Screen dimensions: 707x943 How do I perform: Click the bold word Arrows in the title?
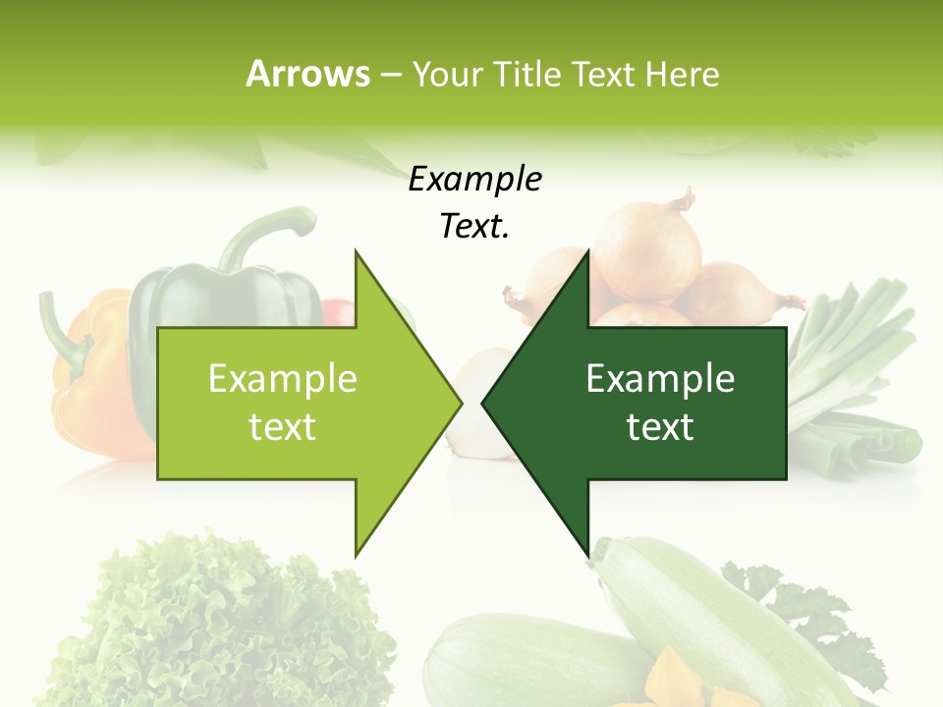tap(307, 74)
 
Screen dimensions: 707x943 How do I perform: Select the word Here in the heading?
tap(682, 74)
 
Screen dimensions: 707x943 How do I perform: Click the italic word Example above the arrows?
tap(475, 181)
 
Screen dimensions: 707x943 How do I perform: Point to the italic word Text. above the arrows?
tap(475, 227)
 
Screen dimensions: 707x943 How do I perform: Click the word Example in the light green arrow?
tap(283, 379)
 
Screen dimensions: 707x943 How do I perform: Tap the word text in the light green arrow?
tap(283, 427)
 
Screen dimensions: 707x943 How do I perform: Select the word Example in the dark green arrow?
tap(660, 379)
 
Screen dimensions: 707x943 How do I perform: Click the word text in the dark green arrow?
tap(660, 427)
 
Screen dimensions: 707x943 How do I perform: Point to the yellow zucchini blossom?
tap(678, 678)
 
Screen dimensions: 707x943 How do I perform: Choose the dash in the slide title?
tap(390, 75)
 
